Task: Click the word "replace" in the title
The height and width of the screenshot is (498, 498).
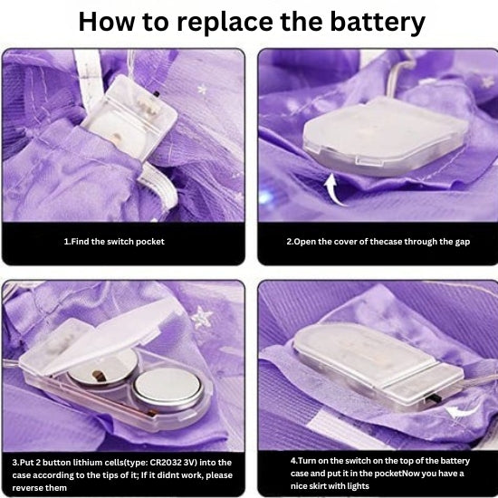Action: click(x=225, y=23)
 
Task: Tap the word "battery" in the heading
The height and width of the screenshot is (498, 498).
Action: click(x=378, y=23)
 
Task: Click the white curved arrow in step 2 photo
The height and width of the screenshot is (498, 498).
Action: click(x=333, y=190)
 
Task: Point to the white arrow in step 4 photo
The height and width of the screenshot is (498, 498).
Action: click(x=461, y=412)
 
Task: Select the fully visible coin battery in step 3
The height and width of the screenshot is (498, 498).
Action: click(x=168, y=389)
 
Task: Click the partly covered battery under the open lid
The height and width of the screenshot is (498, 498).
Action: click(x=103, y=369)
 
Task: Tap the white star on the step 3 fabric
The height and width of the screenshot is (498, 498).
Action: click(x=202, y=317)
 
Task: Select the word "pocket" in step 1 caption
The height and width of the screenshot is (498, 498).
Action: click(x=149, y=242)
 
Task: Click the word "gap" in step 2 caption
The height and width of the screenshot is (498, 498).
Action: click(x=463, y=243)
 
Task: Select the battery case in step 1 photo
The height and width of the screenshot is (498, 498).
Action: click(x=129, y=118)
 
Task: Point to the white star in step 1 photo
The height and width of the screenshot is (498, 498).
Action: click(x=202, y=90)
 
